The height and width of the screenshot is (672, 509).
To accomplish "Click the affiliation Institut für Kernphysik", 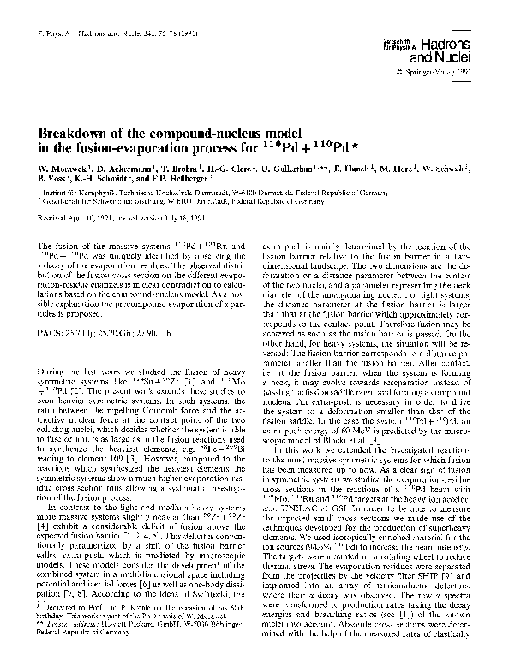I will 76,187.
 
